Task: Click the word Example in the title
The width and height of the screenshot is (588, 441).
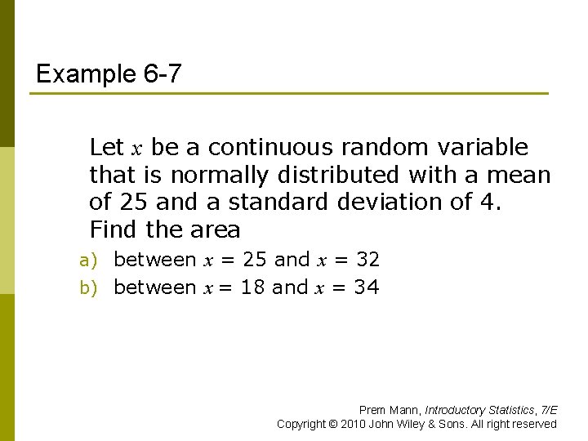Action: (85, 75)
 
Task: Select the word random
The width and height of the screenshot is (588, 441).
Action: (378, 148)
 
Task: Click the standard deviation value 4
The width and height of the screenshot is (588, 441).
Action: (490, 202)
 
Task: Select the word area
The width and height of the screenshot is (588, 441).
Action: (215, 229)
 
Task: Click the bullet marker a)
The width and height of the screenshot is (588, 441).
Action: (88, 261)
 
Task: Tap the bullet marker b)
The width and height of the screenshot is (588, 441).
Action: (88, 288)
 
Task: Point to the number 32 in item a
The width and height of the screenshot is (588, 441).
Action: (368, 261)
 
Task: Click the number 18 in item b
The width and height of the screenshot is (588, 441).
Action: (252, 287)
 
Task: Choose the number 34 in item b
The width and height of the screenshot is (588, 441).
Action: (367, 287)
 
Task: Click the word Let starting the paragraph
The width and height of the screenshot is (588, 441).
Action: (106, 148)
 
